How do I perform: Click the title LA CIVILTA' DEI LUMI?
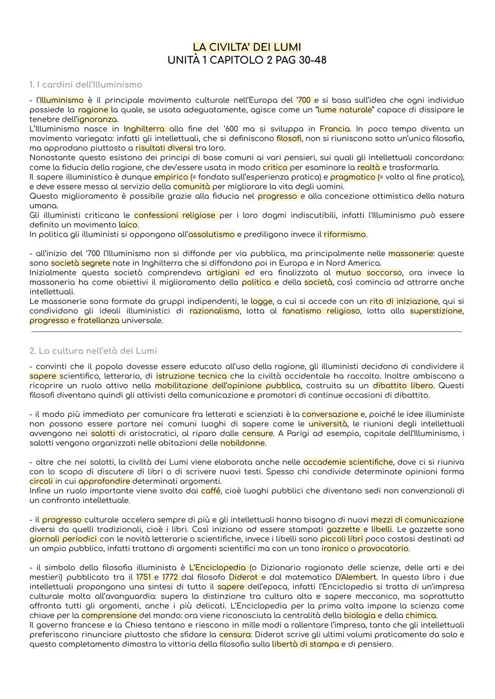pyautogui.click(x=247, y=47)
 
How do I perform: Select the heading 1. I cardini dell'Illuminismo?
pyautogui.click(x=86, y=85)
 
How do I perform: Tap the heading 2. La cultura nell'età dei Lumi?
pyautogui.click(x=93, y=351)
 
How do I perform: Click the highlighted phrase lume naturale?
pyautogui.click(x=344, y=110)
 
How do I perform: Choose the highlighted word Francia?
pyautogui.click(x=335, y=129)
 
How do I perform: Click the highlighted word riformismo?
pyautogui.click(x=345, y=234)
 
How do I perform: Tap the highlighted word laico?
pyautogui.click(x=128, y=225)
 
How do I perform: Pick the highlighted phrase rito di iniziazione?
pyautogui.click(x=404, y=301)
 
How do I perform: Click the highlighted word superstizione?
pyautogui.click(x=436, y=311)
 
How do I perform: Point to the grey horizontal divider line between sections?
pyautogui.click(x=247, y=331)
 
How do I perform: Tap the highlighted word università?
pyautogui.click(x=328, y=424)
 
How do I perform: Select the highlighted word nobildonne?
pyautogui.click(x=242, y=443)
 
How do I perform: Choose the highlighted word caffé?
pyautogui.click(x=211, y=491)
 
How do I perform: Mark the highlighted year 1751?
pyautogui.click(x=143, y=577)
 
